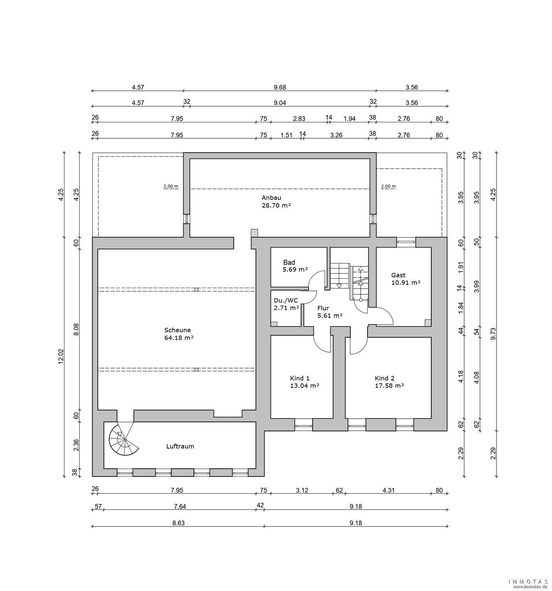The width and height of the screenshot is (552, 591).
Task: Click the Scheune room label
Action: click(177, 330)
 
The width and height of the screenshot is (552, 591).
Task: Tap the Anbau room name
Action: click(271, 197)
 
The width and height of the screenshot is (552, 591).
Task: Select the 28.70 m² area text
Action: click(276, 205)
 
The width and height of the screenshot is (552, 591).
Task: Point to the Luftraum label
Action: click(180, 446)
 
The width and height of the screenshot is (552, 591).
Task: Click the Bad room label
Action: click(289, 262)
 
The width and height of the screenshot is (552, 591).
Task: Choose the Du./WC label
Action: click(285, 300)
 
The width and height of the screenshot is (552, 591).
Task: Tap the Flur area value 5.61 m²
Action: click(330, 315)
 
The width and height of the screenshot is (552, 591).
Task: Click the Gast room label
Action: click(398, 275)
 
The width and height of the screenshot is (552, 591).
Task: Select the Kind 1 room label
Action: click(300, 378)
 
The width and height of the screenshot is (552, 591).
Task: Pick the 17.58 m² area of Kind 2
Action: click(389, 385)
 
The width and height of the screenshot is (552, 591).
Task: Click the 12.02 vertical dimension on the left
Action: click(61, 356)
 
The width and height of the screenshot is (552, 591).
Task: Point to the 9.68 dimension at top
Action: click(280, 87)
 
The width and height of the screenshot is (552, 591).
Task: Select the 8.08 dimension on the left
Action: click(76, 330)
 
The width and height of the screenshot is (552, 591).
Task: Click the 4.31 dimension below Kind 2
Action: click(388, 490)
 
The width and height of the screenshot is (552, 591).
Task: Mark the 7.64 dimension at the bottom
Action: click(179, 506)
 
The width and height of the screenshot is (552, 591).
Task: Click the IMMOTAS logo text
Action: click(529, 582)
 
